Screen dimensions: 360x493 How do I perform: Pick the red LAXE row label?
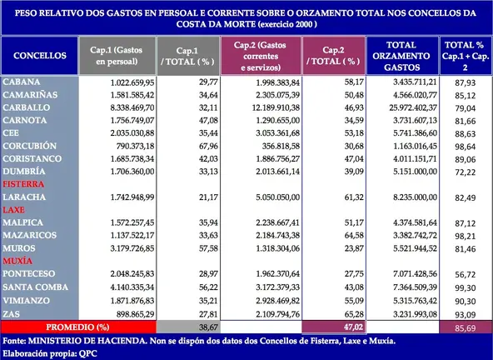coord(16,212)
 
